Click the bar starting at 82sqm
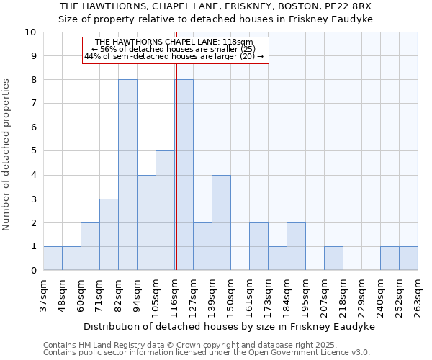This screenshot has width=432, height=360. coord(127,175)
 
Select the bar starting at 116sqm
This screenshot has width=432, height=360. coord(184,175)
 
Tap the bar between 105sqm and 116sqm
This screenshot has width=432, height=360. coord(165,210)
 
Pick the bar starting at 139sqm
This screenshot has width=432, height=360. coord(221,222)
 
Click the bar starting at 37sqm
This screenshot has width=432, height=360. coord(53,258)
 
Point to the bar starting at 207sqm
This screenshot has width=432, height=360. coord(333,258)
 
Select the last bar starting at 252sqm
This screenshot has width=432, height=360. coord(408,258)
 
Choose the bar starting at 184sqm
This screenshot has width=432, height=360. coord(296,246)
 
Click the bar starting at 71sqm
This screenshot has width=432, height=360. coord(109,235)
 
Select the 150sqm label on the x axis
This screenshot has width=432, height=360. coord(230,294)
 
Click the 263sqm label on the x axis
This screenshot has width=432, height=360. coord(418,294)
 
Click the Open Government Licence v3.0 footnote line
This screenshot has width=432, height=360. coord(207,353)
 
